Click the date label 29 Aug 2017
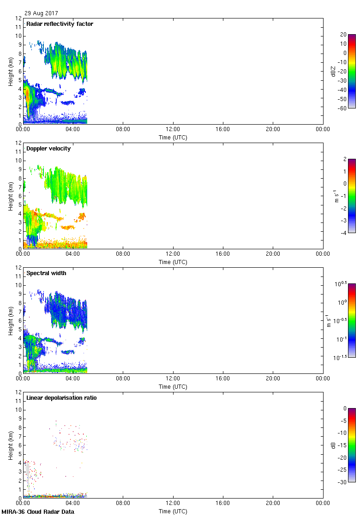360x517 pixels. [x=42, y=13]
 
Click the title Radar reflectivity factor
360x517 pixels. [x=60, y=24]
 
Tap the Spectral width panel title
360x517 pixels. [x=47, y=273]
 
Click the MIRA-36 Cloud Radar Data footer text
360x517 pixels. [x=38, y=511]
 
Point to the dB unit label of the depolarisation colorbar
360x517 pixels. [x=334, y=445]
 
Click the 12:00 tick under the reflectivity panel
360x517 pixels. [x=173, y=130]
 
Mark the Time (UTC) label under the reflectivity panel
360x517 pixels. [x=173, y=137]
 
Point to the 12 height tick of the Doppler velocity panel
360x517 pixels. [x=18, y=143]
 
